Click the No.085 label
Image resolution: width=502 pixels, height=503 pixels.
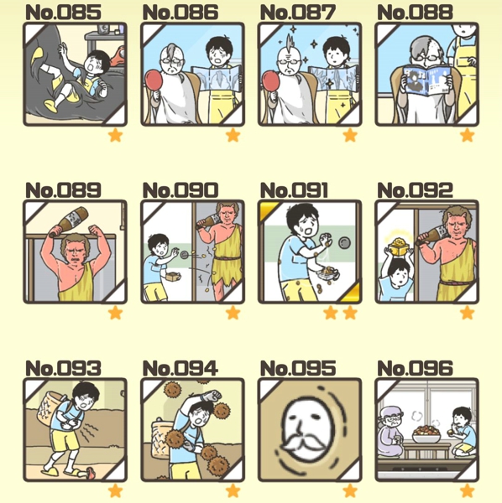63,13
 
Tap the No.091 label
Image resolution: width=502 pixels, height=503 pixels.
294,190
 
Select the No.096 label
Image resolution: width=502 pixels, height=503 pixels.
415,368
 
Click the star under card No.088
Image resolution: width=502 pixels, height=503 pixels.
467,135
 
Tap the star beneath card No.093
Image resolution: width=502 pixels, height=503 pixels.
115,490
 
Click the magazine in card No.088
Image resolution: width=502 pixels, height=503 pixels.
426,80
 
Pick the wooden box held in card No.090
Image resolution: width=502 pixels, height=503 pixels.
173,277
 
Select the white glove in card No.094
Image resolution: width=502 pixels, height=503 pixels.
212,395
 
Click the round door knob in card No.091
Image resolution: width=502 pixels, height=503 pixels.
345,242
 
